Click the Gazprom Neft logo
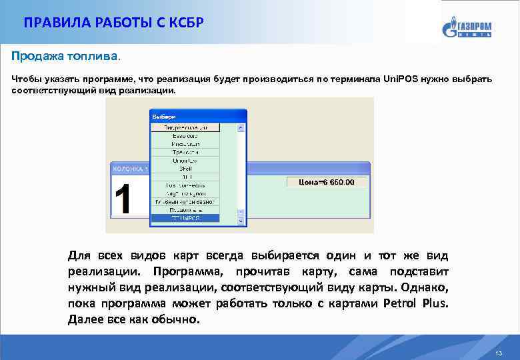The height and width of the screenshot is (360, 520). click(x=466, y=27)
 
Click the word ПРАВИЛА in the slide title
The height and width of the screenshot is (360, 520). click(x=50, y=23)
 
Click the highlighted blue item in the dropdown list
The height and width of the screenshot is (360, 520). click(x=185, y=217)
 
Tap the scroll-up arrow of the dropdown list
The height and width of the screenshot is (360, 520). click(x=241, y=127)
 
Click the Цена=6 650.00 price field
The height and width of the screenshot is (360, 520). click(x=327, y=181)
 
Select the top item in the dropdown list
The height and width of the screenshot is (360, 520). click(x=185, y=127)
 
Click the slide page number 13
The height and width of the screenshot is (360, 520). click(x=499, y=352)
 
